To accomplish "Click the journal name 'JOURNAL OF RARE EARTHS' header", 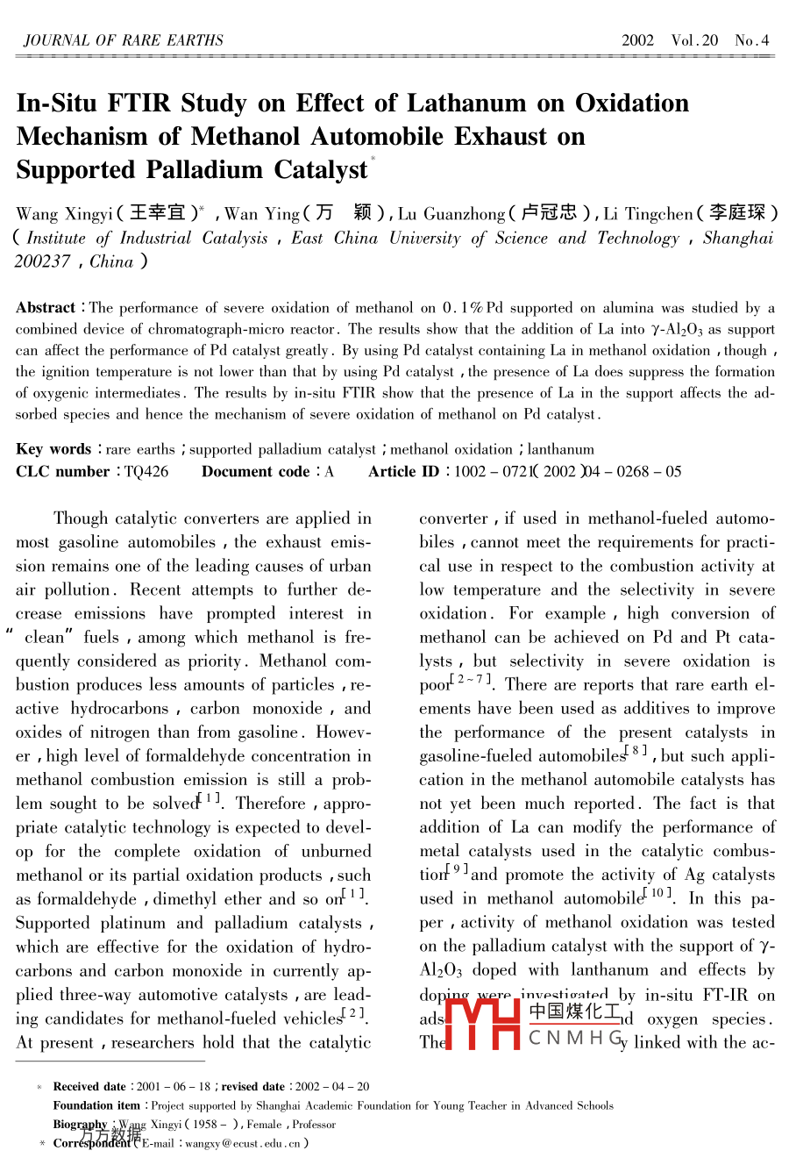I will [x=123, y=40].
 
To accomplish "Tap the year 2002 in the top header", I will [x=637, y=40].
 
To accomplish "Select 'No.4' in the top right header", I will [x=751, y=40].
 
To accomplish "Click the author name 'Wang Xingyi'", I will [x=64, y=214].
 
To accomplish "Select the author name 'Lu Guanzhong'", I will [x=451, y=214].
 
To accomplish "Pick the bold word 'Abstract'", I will [x=46, y=308].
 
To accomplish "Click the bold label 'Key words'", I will [x=53, y=449].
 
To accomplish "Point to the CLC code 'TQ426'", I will [x=146, y=472].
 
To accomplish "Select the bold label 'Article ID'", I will [x=403, y=472].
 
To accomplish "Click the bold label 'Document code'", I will [x=256, y=472].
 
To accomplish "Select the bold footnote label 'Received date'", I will [x=89, y=1087].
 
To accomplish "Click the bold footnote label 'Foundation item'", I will [x=96, y=1106].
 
